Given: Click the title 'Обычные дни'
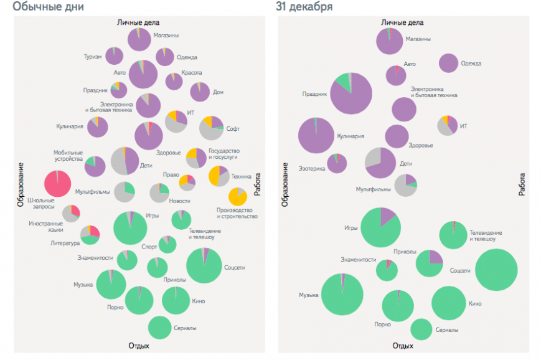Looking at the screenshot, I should coord(49,7).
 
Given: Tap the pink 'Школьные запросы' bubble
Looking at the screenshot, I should coord(57,184).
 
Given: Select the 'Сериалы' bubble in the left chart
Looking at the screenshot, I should coord(160,328).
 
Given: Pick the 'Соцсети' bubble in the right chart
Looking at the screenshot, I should coord(496,270).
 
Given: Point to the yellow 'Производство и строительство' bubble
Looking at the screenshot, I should coord(238,196).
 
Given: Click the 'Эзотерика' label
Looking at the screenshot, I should coord(311,168).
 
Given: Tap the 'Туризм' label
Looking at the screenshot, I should coord(93,57).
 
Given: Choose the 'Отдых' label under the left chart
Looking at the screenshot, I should coord(139,346).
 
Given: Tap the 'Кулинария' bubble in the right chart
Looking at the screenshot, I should coord(316,135).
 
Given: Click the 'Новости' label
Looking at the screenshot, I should coord(180,201).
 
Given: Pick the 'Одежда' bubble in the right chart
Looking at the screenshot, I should coord(449,63).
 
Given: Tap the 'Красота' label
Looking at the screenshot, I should coord(192,73).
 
